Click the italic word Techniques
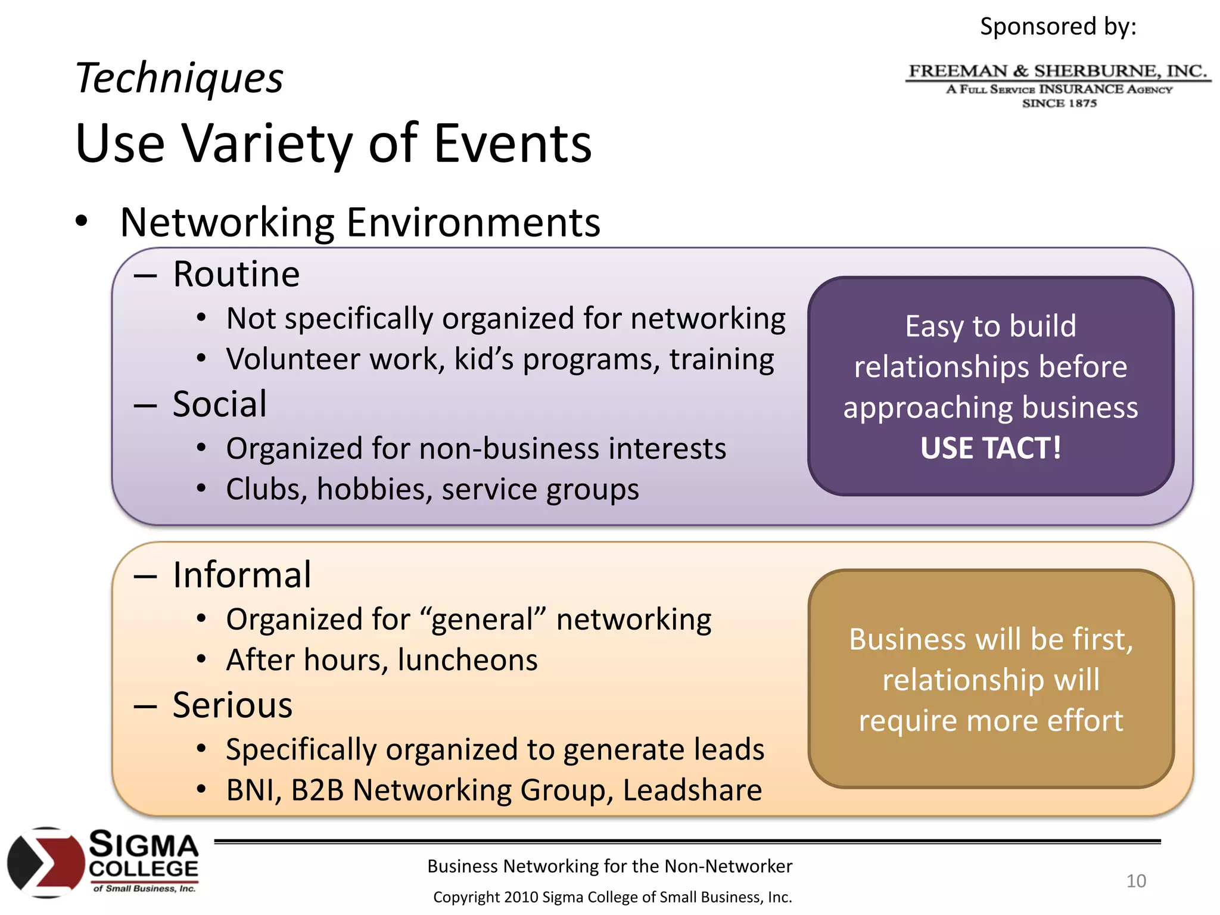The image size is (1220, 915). [x=179, y=78]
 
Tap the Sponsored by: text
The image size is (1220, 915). [x=1058, y=27]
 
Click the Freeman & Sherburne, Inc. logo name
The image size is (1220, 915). [x=1057, y=71]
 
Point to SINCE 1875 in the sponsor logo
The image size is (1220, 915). [x=1059, y=104]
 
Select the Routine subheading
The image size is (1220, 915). [x=236, y=275]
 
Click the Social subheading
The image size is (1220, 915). [x=219, y=404]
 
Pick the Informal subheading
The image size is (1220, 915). [x=241, y=575]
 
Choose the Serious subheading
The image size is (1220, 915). [x=232, y=706]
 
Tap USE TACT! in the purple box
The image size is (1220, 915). [x=990, y=448]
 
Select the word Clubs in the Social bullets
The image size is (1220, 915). [x=266, y=490]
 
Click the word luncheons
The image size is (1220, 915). [x=468, y=660]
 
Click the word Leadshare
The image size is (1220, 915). [x=692, y=790]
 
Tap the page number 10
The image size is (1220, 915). [x=1135, y=880]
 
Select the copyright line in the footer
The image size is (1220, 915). [x=612, y=897]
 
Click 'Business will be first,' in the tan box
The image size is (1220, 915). [x=990, y=639]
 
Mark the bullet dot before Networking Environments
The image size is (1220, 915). [x=82, y=222]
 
